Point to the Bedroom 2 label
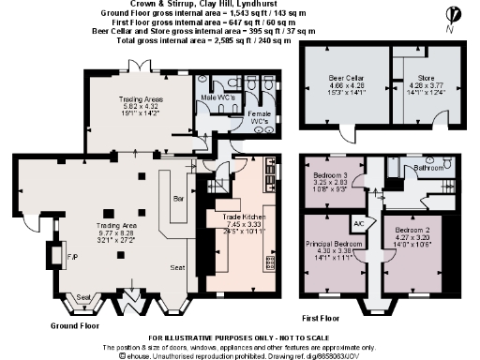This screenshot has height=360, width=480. [411, 230]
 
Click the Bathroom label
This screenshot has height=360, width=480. [431, 170]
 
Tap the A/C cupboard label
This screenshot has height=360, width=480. [358, 223]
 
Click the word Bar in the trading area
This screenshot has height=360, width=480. [179, 198]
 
